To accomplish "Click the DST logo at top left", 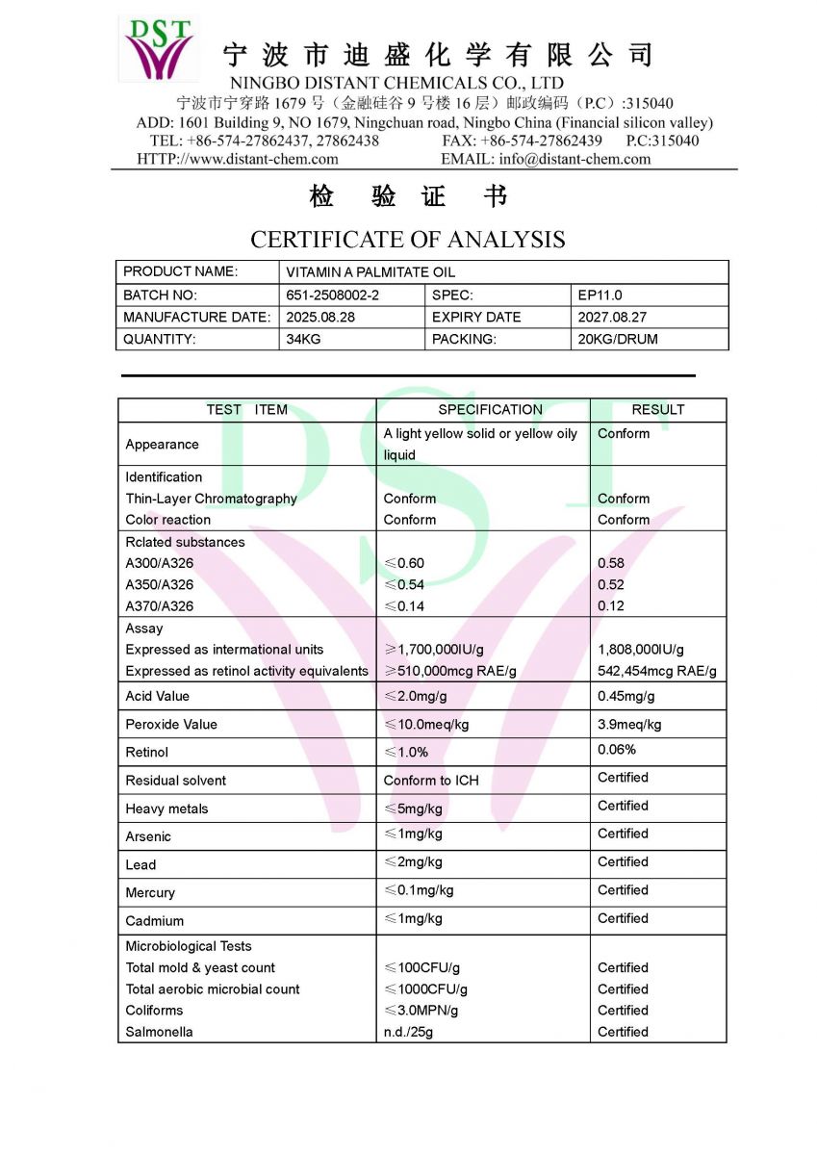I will pyautogui.click(x=159, y=48).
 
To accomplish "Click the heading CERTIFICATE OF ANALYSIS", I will pyautogui.click(x=407, y=239).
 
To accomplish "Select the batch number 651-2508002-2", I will pyautogui.click(x=332, y=295).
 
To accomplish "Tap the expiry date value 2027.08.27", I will pyautogui.click(x=612, y=317).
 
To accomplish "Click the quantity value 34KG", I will pyautogui.click(x=303, y=339).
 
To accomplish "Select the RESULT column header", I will pyautogui.click(x=657, y=409).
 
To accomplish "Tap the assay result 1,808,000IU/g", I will pyautogui.click(x=641, y=650).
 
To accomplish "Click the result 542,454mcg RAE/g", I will pyautogui.click(x=656, y=671).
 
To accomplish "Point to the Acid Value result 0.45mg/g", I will pyautogui.click(x=626, y=696).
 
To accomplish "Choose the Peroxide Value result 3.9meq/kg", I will pyautogui.click(x=629, y=724).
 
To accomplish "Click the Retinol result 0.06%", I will pyautogui.click(x=616, y=749).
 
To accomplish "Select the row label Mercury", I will pyautogui.click(x=150, y=892).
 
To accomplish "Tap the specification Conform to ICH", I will pyautogui.click(x=430, y=780).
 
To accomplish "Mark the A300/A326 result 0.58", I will pyautogui.click(x=610, y=563).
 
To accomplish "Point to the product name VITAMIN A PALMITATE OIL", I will pyautogui.click(x=370, y=272).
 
